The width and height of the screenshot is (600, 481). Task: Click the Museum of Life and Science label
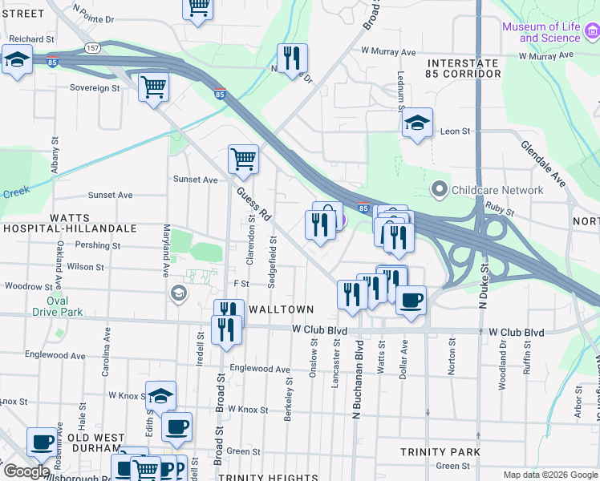(541, 32)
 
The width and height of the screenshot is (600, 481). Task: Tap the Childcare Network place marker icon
(439, 190)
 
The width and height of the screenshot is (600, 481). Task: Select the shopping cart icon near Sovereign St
(153, 86)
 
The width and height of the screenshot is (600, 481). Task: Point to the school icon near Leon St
(417, 123)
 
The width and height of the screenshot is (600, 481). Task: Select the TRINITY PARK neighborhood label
(440, 452)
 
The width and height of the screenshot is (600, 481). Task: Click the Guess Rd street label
(255, 205)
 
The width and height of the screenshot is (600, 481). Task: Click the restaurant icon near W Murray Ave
(290, 58)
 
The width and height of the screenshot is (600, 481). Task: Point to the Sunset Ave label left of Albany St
(110, 195)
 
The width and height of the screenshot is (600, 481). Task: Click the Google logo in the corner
(26, 471)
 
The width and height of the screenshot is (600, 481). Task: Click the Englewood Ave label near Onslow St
(260, 370)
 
